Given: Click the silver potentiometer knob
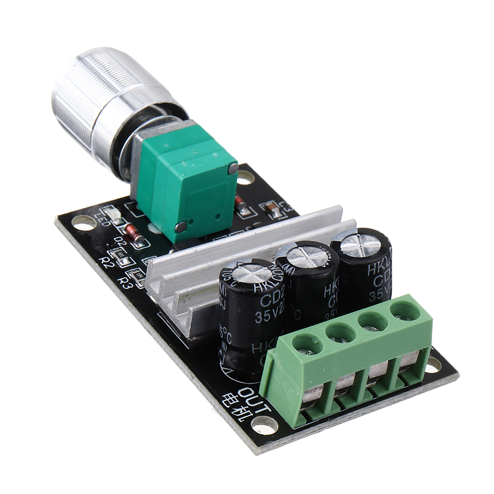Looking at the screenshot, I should pyautogui.click(x=106, y=99).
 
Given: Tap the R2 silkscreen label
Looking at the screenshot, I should pyautogui.click(x=106, y=261).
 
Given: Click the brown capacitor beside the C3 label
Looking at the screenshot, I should pyautogui.click(x=273, y=210).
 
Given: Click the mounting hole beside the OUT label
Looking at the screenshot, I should pyautogui.click(x=265, y=423).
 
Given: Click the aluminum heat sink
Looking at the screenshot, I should pyautogui.click(x=198, y=277).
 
